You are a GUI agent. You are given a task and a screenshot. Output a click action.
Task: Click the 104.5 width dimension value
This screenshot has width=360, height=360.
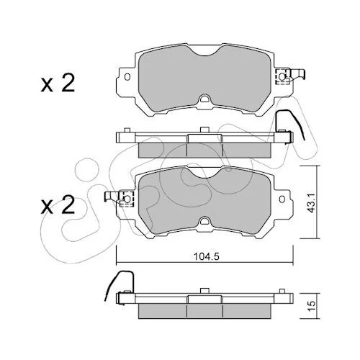pyautogui.click(x=206, y=256)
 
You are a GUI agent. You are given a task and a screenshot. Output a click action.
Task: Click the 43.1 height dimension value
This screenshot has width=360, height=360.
pyautogui.click(x=312, y=202)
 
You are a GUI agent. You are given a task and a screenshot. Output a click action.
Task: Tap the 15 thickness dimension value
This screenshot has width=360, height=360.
pyautogui.click(x=312, y=306)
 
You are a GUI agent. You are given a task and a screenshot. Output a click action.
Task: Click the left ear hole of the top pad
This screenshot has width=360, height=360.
pyautogui.click(x=127, y=77)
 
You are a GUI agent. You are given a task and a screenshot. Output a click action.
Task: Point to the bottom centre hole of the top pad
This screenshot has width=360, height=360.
pyautogui.click(x=204, y=99)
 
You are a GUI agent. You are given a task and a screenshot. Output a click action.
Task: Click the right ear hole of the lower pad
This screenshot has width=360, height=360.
pyautogui.click(x=282, y=199)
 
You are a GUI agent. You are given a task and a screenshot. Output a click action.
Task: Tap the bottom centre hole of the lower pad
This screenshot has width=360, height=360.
pyautogui.click(x=204, y=220)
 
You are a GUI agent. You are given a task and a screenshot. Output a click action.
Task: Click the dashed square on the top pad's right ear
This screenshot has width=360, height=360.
pyautogui.click(x=282, y=77)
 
